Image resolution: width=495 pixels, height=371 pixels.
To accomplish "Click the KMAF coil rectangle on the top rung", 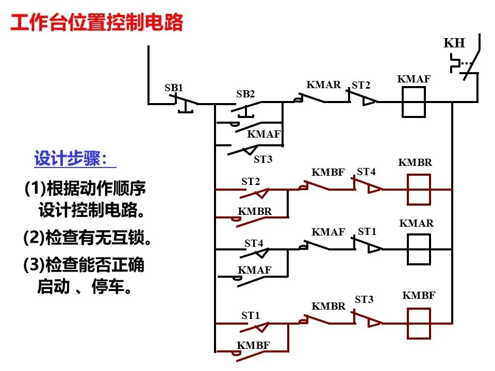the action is coord(414,88).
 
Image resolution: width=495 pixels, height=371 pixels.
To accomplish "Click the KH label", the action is coord(454,43).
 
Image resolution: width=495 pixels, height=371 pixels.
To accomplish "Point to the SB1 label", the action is coord(174,88).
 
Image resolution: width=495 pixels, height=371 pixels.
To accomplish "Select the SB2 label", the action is coord(245,94).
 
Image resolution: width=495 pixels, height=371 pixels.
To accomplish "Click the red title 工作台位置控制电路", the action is coord(97,22).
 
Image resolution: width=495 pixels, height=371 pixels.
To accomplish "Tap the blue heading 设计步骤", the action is coord(71,158).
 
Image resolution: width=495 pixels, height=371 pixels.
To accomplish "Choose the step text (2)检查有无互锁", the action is coord(88,238).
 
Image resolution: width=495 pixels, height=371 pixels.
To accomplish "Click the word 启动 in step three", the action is coord(53,286).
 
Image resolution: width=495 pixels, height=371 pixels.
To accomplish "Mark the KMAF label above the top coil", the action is coord(414,78).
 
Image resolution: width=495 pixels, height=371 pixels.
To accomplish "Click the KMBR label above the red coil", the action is coord(415,162).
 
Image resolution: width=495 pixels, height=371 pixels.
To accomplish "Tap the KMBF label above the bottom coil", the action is coord(419,295).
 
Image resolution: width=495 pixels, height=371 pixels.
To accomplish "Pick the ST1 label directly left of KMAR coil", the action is coord(367,231).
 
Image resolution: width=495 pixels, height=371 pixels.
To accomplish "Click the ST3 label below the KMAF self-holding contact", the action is coord(263,159).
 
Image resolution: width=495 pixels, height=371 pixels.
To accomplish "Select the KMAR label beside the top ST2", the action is coord(324,85).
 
